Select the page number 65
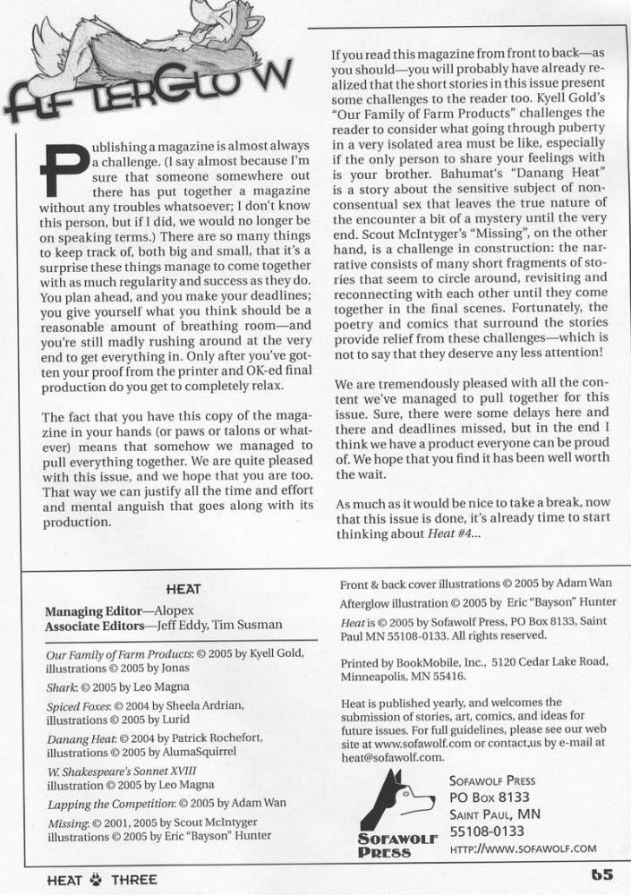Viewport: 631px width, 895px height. (x=601, y=875)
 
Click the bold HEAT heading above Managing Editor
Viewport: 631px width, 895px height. (x=183, y=589)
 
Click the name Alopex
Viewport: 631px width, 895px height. (x=177, y=611)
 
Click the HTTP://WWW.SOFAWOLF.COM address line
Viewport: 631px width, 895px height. (x=523, y=848)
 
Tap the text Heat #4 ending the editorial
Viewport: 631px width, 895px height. (x=453, y=534)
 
